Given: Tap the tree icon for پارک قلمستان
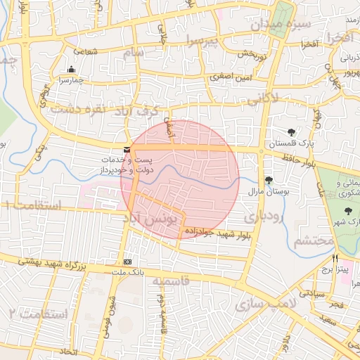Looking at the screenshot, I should [292, 131].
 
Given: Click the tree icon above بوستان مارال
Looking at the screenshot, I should [268, 180].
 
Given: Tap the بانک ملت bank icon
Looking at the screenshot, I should [127, 261].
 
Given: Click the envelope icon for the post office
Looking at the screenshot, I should [127, 149].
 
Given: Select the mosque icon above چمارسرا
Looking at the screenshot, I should [71, 69].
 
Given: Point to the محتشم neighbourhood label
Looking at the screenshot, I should [312, 240].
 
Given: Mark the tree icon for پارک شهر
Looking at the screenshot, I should [347, 211].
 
